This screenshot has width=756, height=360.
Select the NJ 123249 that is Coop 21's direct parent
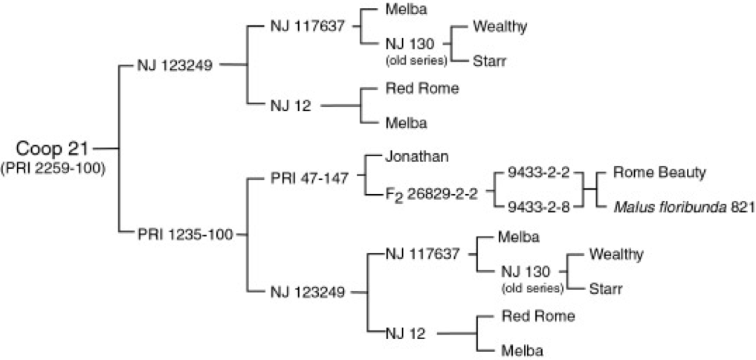click(x=175, y=65)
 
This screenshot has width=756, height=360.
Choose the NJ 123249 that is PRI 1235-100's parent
click(x=307, y=292)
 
